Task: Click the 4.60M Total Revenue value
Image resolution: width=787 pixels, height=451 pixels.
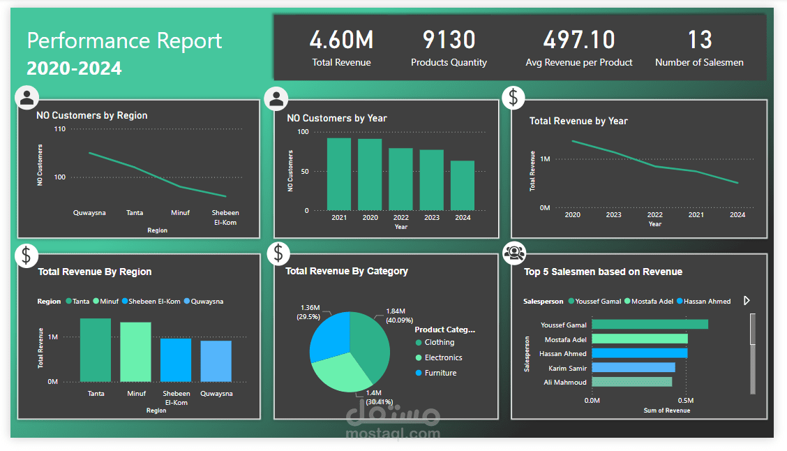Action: [341, 40]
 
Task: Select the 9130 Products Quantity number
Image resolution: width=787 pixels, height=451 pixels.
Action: [449, 40]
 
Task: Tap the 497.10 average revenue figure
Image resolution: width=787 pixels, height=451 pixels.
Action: [579, 40]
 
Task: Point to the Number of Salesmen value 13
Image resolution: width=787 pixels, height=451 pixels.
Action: [699, 40]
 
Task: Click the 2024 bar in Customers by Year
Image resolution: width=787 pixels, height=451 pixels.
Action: [462, 185]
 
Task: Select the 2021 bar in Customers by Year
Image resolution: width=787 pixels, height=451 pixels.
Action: [339, 174]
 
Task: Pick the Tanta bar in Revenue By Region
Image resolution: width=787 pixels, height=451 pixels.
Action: [96, 350]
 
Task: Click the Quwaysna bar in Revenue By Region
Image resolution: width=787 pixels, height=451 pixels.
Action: [216, 361]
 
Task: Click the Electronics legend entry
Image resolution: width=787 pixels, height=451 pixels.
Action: [443, 357]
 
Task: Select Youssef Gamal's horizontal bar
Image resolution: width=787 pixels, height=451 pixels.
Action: [650, 324]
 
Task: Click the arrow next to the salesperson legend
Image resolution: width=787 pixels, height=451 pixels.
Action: [747, 301]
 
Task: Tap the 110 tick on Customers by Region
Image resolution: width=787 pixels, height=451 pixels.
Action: [59, 129]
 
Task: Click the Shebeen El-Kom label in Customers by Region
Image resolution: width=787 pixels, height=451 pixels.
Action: [225, 217]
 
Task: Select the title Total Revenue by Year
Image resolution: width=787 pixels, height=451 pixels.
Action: [578, 121]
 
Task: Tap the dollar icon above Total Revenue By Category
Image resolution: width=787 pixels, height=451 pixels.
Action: [278, 253]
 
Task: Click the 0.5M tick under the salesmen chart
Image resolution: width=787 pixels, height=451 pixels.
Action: [686, 401]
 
